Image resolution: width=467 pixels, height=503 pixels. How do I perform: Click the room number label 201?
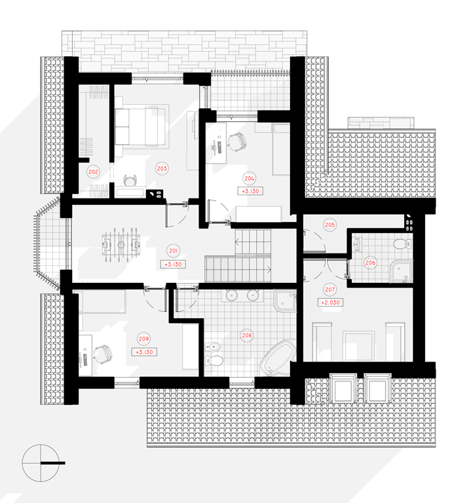click(x=174, y=251)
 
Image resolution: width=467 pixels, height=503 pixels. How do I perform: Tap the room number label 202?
click(x=94, y=172)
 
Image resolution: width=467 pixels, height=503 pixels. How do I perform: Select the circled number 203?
click(x=162, y=168)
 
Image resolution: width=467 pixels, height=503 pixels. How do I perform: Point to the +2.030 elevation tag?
click(x=330, y=302)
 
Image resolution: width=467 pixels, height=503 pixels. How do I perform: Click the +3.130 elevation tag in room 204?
click(x=250, y=191)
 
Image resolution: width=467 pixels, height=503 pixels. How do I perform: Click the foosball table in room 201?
click(x=121, y=245)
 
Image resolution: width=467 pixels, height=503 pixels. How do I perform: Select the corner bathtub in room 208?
click(x=278, y=358)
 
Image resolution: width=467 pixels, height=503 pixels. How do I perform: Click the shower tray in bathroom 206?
click(x=401, y=271)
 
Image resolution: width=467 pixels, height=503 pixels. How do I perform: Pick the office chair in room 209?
click(x=103, y=354)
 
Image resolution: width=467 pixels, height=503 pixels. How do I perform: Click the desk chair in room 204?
click(x=237, y=141)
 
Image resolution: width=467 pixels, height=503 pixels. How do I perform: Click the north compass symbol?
click(x=41, y=463)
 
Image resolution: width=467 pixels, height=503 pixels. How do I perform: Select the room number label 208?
click(x=247, y=335)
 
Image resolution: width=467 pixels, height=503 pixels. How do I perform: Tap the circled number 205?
click(x=330, y=225)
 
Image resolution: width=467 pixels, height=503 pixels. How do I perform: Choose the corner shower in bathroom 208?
click(x=285, y=300)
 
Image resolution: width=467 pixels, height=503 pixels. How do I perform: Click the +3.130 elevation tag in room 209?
click(x=144, y=352)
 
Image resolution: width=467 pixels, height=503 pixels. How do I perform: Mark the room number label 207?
click(x=330, y=289)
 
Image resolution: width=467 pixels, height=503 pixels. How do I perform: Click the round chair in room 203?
click(x=131, y=180)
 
